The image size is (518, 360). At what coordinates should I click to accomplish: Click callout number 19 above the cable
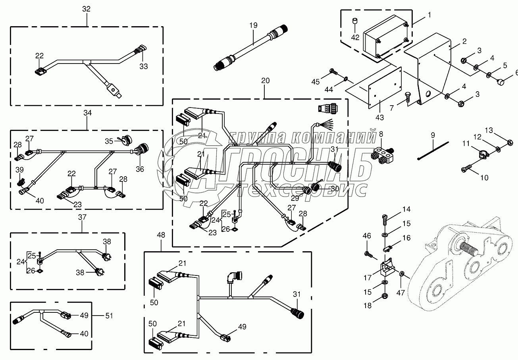point(254,25)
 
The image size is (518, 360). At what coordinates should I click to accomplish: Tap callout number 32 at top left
point(86,9)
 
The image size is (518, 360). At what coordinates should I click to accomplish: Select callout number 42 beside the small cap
point(355,38)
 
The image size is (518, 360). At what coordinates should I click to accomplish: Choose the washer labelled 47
point(402,274)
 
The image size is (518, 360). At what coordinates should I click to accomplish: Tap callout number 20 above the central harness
point(265,81)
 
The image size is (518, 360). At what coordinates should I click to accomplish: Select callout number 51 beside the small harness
point(108,316)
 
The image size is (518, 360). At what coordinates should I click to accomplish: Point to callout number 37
point(82,217)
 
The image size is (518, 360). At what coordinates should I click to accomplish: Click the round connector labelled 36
point(141,151)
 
